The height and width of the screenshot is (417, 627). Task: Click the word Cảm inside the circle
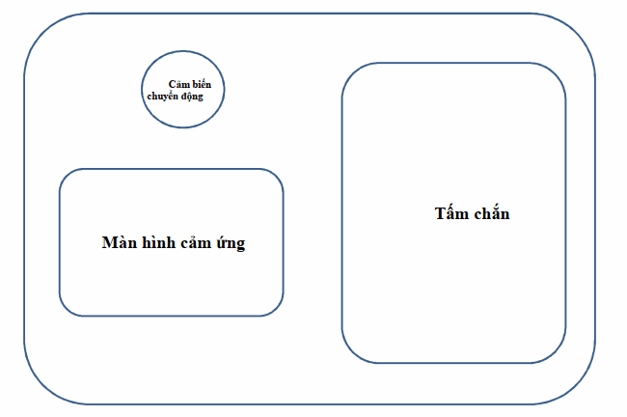[179, 85]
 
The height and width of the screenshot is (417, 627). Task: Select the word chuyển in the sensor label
[164, 97]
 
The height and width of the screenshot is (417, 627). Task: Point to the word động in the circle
[192, 97]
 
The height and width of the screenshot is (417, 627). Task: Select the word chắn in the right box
[490, 213]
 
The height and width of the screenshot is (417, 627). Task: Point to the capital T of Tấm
[440, 213]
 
